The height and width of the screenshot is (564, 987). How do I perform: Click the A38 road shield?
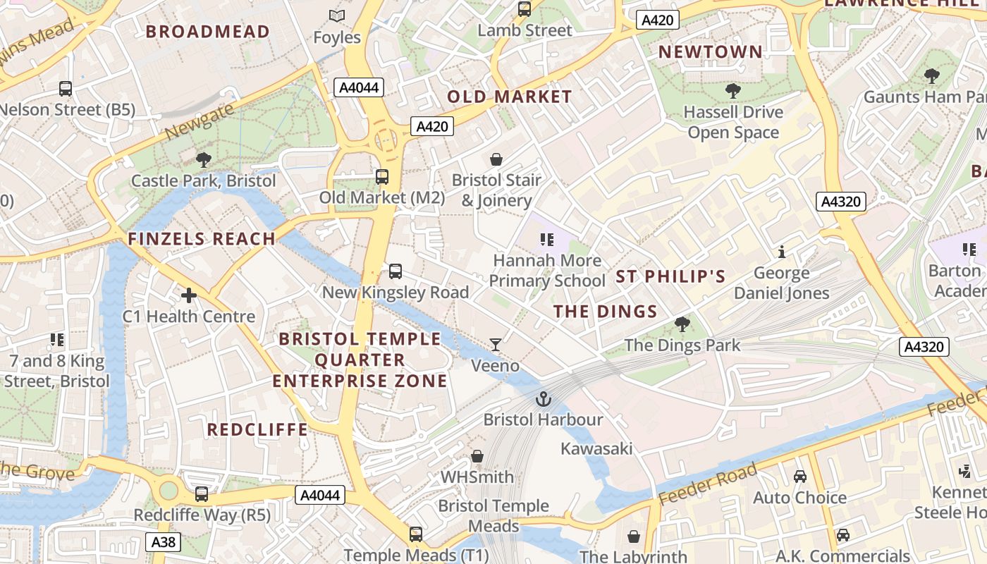pos(164,542)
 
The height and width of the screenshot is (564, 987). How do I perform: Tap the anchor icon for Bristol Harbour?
pos(543,400)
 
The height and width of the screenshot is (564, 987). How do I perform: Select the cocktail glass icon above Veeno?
pos(496,345)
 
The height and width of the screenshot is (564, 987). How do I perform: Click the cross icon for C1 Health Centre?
pos(189,295)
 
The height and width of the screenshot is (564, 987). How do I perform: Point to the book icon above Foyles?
pos(337,16)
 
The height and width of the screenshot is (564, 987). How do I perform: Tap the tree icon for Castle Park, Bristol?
pos(204,160)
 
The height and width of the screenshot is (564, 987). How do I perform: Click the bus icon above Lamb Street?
pos(525,9)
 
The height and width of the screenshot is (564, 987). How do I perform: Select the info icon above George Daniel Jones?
pos(781,252)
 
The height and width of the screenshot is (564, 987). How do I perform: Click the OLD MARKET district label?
pos(510,97)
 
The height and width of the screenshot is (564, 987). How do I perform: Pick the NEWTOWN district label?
pos(711,51)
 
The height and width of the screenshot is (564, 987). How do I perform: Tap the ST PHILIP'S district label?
pos(670,276)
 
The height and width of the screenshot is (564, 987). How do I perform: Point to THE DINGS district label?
pos(605,312)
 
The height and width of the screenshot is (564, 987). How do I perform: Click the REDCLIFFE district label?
pos(257,429)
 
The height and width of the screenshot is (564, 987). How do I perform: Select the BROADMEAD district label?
pos(208,31)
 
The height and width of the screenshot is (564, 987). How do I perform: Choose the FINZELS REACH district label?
pos(202,239)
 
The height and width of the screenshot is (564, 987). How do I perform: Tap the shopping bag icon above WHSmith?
pos(477,456)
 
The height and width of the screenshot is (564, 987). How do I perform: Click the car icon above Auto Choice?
pos(800,477)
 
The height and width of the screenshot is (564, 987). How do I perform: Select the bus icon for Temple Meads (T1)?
pos(416,534)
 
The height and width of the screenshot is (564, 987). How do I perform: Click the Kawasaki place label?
pos(596,448)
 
